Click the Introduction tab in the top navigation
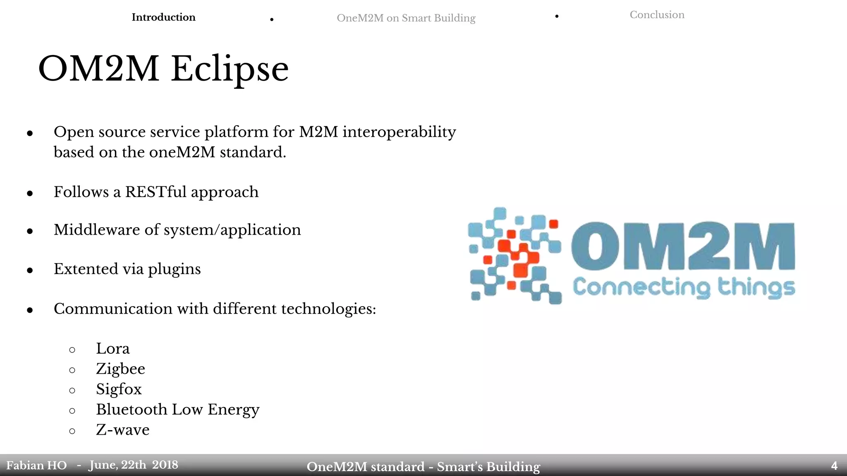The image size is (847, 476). pyautogui.click(x=163, y=17)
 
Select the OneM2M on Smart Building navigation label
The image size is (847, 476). pyautogui.click(x=406, y=18)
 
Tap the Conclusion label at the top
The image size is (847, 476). pyautogui.click(x=657, y=15)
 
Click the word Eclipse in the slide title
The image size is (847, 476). pyautogui.click(x=230, y=69)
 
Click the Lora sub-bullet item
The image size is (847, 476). pyautogui.click(x=112, y=349)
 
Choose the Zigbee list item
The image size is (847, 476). pyautogui.click(x=120, y=369)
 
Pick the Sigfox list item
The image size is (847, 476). pyautogui.click(x=119, y=389)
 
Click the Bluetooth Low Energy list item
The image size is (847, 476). pyautogui.click(x=177, y=409)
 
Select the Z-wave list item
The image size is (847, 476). pyautogui.click(x=122, y=430)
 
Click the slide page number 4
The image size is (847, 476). pyautogui.click(x=834, y=466)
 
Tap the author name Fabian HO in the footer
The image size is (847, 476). pyautogui.click(x=36, y=466)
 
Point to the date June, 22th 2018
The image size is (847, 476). pyautogui.click(x=133, y=465)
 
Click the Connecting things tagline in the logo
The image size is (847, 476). pyautogui.click(x=683, y=287)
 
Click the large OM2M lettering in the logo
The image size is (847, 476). pyautogui.click(x=682, y=247)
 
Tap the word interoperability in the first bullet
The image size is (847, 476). pyautogui.click(x=399, y=132)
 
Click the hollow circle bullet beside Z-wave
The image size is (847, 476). pyautogui.click(x=72, y=431)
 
